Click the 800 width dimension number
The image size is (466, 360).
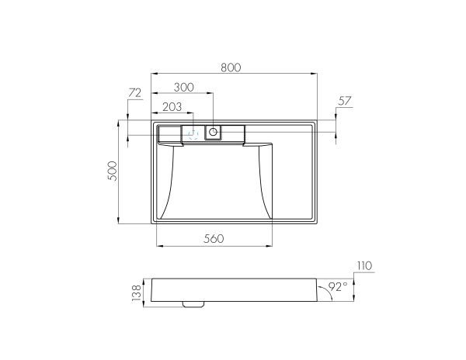231,67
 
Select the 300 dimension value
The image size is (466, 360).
184,87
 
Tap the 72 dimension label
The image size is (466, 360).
134,94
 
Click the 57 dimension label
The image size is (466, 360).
346,102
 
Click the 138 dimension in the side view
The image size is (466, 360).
137,293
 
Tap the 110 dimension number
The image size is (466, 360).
364,266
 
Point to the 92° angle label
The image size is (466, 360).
338,287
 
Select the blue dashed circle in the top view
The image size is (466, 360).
193,134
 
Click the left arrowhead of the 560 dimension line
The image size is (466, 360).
160,247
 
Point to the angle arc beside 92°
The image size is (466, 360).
326,296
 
